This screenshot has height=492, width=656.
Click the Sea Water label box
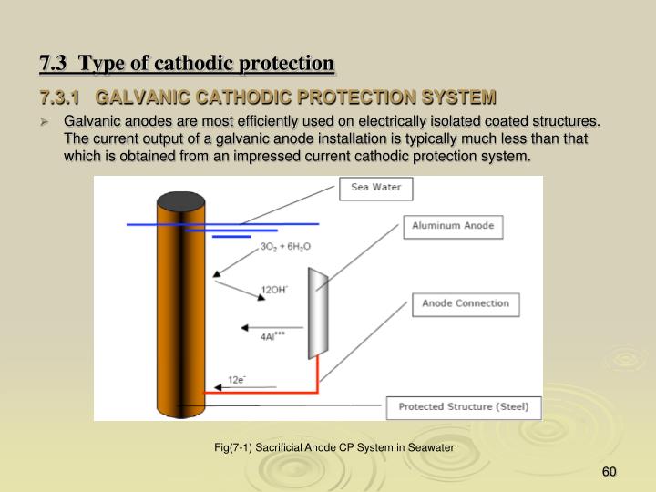[x=375, y=190]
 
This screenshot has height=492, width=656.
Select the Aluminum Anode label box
[x=453, y=226]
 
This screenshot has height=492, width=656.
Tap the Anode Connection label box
[x=465, y=303]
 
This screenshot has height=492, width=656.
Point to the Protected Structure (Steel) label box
[x=464, y=406]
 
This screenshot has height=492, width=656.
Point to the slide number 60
[x=610, y=471]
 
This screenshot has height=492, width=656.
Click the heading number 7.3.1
[x=60, y=97]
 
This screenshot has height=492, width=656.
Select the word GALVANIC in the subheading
[x=143, y=97]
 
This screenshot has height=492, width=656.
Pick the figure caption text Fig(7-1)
[x=233, y=447]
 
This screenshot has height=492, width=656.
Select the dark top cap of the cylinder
[x=179, y=200]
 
